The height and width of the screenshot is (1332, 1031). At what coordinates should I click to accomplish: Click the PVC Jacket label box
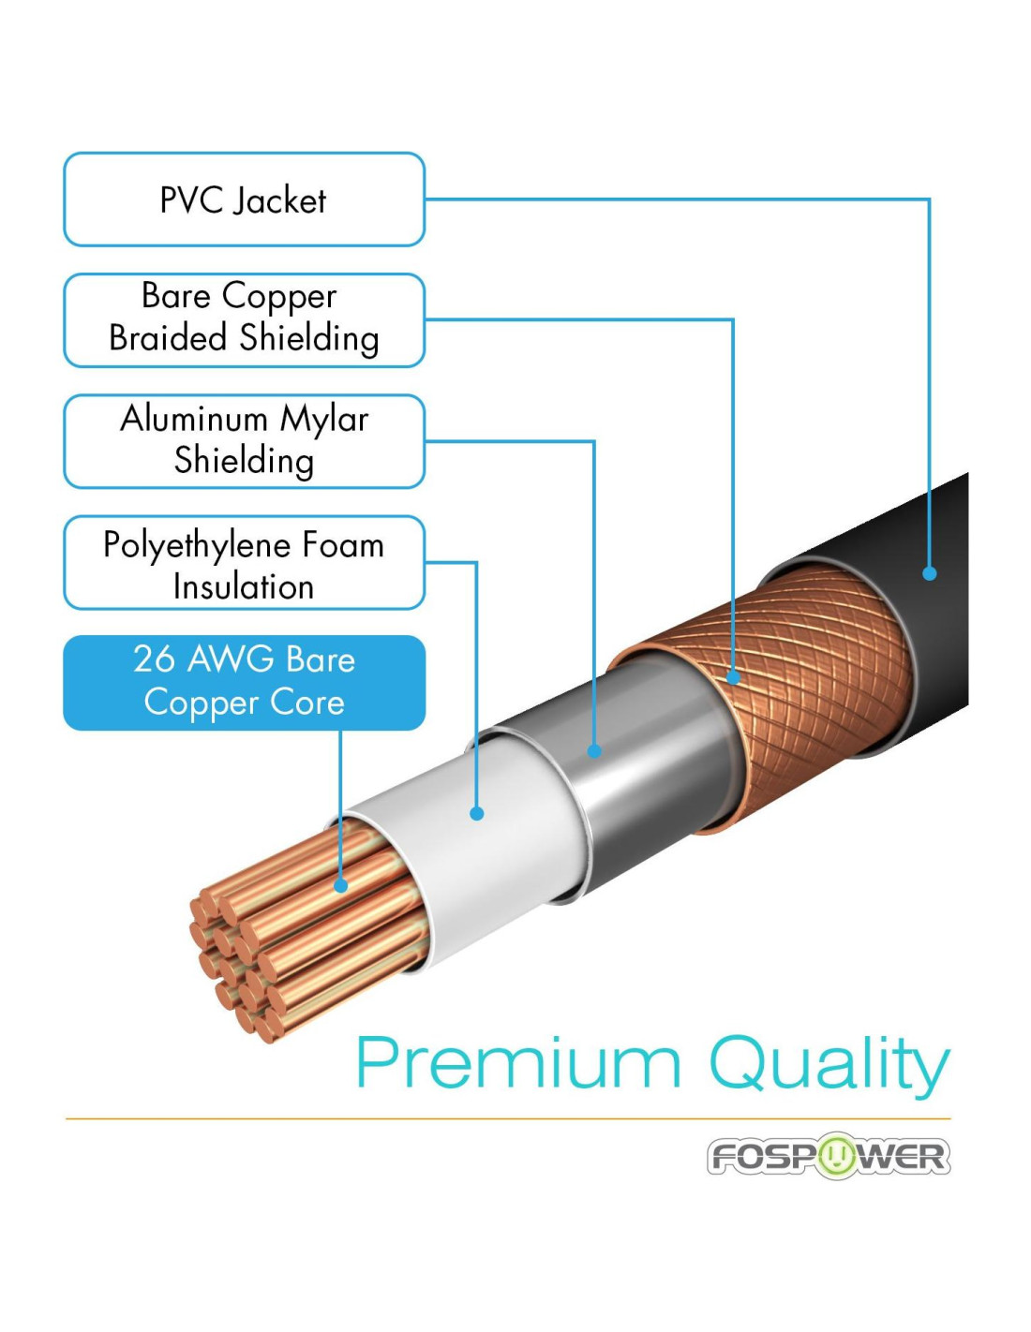244,200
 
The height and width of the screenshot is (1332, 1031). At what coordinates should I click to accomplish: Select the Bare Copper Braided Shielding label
244,319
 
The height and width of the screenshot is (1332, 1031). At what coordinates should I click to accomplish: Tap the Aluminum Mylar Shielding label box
244,441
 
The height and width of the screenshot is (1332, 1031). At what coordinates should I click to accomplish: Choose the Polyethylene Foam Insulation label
244,562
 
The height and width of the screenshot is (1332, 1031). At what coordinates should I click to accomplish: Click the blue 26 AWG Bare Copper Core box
244,682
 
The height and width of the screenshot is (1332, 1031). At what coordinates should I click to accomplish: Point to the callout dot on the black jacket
929,573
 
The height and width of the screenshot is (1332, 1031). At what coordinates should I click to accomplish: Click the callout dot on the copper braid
733,675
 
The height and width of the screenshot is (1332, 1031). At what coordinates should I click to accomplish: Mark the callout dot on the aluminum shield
593,750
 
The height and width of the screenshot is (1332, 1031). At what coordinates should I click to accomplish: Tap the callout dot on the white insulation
477,813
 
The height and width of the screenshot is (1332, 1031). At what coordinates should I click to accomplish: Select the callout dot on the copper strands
340,884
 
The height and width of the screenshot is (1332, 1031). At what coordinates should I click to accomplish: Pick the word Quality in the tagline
829,1065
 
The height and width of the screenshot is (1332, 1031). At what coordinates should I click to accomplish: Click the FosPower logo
829,1156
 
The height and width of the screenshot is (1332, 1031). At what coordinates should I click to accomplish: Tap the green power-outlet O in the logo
835,1156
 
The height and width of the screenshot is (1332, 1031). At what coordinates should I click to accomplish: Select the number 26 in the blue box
154,659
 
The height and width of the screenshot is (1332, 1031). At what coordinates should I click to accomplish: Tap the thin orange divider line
507,1118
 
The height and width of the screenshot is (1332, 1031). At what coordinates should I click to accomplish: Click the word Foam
343,544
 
